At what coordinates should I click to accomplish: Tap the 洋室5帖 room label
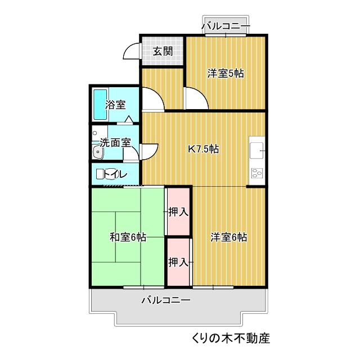coord(225,73)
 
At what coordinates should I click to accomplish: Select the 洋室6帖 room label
coord(229,237)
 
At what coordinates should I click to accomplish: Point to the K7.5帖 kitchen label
coord(203,149)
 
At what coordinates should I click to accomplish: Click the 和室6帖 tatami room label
coord(128,237)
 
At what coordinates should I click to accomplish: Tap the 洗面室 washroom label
coord(115,143)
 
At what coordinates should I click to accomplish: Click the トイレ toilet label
coord(115,174)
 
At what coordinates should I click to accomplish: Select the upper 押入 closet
coord(178,212)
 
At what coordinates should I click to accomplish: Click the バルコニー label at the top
coord(225,25)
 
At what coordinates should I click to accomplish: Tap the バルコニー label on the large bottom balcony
coord(165,300)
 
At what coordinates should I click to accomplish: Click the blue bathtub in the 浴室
coord(100,105)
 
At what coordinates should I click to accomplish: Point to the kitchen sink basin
coord(257,151)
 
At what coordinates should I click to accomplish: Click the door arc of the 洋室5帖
coord(194,100)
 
